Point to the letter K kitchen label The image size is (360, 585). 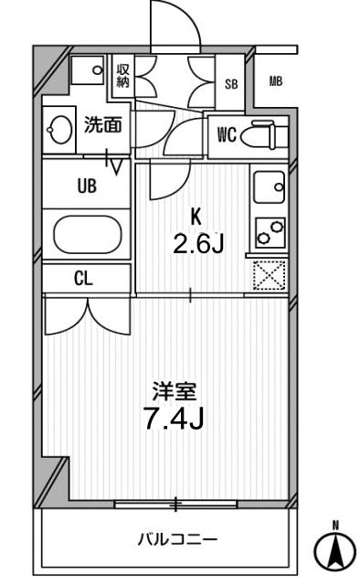click(195, 218)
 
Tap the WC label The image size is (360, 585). click(227, 135)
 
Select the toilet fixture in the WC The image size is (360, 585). click(266, 135)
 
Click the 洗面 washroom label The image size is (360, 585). click(102, 126)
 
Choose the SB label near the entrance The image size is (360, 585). click(232, 84)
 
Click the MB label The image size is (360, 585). click(275, 82)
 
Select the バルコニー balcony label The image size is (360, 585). click(177, 537)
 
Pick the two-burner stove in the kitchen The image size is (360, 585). click(270, 232)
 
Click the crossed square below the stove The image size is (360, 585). click(270, 274)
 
